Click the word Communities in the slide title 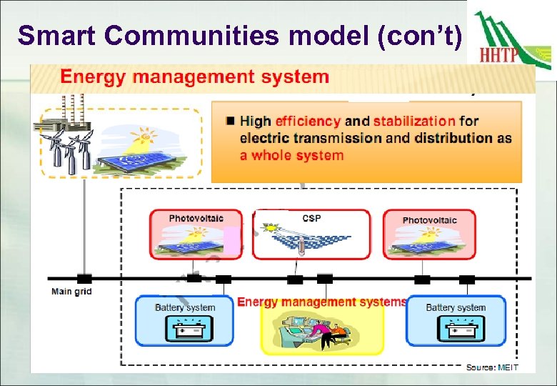click(x=184, y=35)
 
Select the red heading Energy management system click(x=195, y=77)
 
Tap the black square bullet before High click(x=230, y=121)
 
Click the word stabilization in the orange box click(x=413, y=122)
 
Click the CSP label click(x=311, y=218)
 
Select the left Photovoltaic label click(x=196, y=218)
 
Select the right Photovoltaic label click(x=429, y=220)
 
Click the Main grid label click(x=71, y=292)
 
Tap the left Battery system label click(x=185, y=307)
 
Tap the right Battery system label click(x=456, y=307)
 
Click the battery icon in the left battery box click(x=185, y=330)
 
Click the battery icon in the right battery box click(x=456, y=330)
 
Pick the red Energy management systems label click(x=321, y=302)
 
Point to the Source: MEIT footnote click(x=492, y=367)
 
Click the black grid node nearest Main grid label click(x=84, y=278)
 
